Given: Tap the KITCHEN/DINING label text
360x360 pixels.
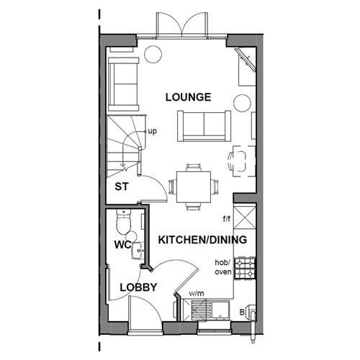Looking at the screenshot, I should (x=202, y=240).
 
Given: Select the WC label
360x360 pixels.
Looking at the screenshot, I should (x=122, y=245).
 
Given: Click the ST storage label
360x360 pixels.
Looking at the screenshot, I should (x=122, y=187).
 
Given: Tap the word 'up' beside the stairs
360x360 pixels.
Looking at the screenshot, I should (x=152, y=132).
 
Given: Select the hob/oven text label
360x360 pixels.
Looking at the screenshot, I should (x=222, y=268).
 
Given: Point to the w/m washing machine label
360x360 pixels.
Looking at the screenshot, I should (x=197, y=294).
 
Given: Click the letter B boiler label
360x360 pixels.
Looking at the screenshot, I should (x=243, y=312).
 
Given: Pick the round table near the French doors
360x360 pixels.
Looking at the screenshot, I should (x=151, y=54).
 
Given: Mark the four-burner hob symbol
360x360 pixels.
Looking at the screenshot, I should (x=245, y=269).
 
